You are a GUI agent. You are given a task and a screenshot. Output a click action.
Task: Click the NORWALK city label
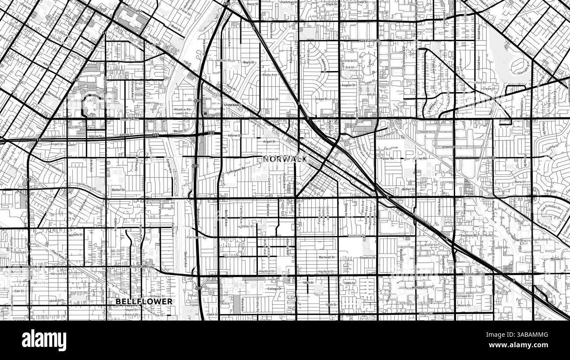pos(285,159)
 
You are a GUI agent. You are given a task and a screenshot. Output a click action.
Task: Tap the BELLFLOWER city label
pos(144,301)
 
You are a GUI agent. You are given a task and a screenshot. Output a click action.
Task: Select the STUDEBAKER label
pos(232,106)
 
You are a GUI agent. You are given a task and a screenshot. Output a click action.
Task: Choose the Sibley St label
pos(248,226)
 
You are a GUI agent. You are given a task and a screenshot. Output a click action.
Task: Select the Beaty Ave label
pos(269,75)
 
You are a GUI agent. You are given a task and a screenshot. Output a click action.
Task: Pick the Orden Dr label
pos(447,147)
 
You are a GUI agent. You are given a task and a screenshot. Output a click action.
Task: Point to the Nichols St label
pos(75,235)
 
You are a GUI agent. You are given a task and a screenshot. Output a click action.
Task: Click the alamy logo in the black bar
pos(44,340)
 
